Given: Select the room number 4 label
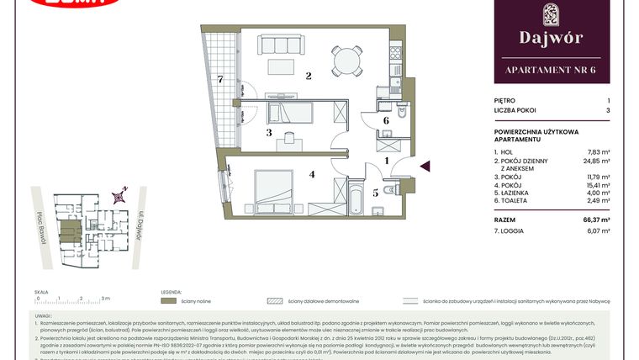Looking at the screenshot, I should click(x=312, y=175).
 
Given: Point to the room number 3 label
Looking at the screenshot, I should click(x=269, y=133).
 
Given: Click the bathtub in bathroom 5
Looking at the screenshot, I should click(x=353, y=199).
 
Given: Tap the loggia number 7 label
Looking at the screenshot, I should click(x=220, y=80).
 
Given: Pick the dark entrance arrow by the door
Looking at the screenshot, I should click(x=425, y=167).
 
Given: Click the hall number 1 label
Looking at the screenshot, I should click(x=386, y=160).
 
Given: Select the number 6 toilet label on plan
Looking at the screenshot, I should click(x=385, y=121).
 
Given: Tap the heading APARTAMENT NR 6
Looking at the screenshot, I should click(x=552, y=70).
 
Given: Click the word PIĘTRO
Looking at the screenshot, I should click(x=506, y=100).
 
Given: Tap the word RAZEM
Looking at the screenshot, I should click(x=507, y=218).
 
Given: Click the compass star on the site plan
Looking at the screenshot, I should click(x=120, y=196).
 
